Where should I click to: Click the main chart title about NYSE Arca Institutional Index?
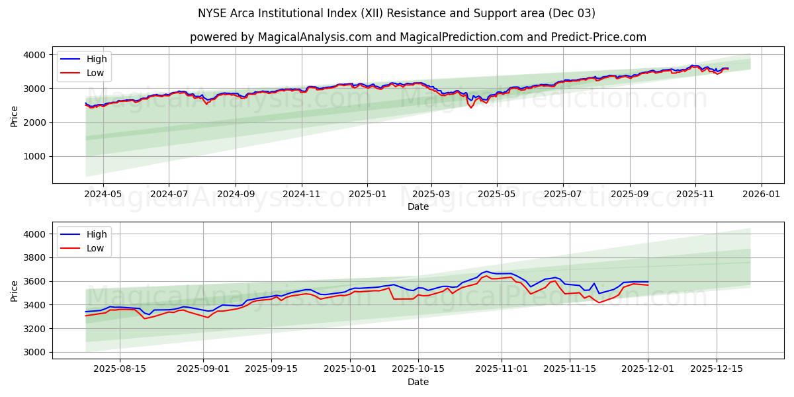pyautogui.click(x=396, y=13)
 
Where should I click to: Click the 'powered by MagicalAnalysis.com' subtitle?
pyautogui.click(x=418, y=37)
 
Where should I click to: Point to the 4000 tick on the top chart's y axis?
pyautogui.click(x=35, y=55)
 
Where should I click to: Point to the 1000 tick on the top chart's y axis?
pyautogui.click(x=35, y=157)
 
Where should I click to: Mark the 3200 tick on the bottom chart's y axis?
pyautogui.click(x=35, y=329)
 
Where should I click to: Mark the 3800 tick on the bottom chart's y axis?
pyautogui.click(x=35, y=258)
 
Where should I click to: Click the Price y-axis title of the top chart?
pyautogui.click(x=15, y=115)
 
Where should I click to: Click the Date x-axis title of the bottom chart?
pyautogui.click(x=418, y=382)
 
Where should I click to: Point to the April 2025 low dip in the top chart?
pyautogui.click(x=471, y=107)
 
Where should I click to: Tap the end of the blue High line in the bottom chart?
pyautogui.click(x=648, y=282)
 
